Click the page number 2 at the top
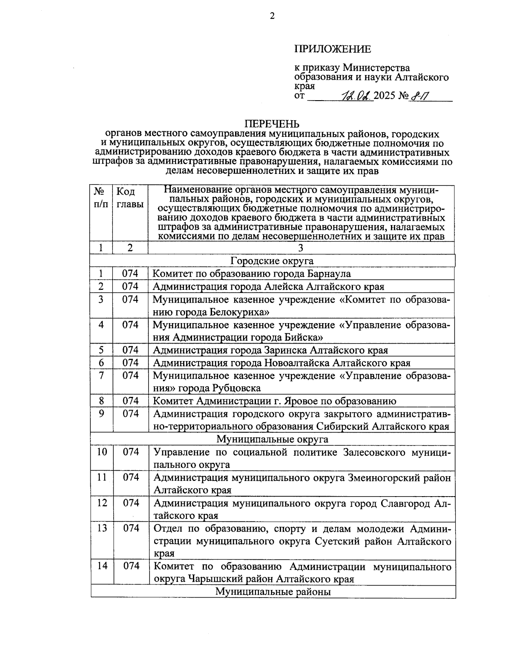[272, 16]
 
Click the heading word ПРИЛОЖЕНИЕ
[333, 49]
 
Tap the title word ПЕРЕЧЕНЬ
[272, 124]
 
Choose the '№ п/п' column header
[101, 198]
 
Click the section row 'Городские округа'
[272, 261]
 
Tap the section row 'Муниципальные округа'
[272, 439]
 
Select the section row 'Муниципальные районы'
[273, 592]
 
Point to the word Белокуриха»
[240, 312]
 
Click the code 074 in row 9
[131, 413]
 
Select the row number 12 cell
[102, 503]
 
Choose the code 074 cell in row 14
[131, 566]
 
